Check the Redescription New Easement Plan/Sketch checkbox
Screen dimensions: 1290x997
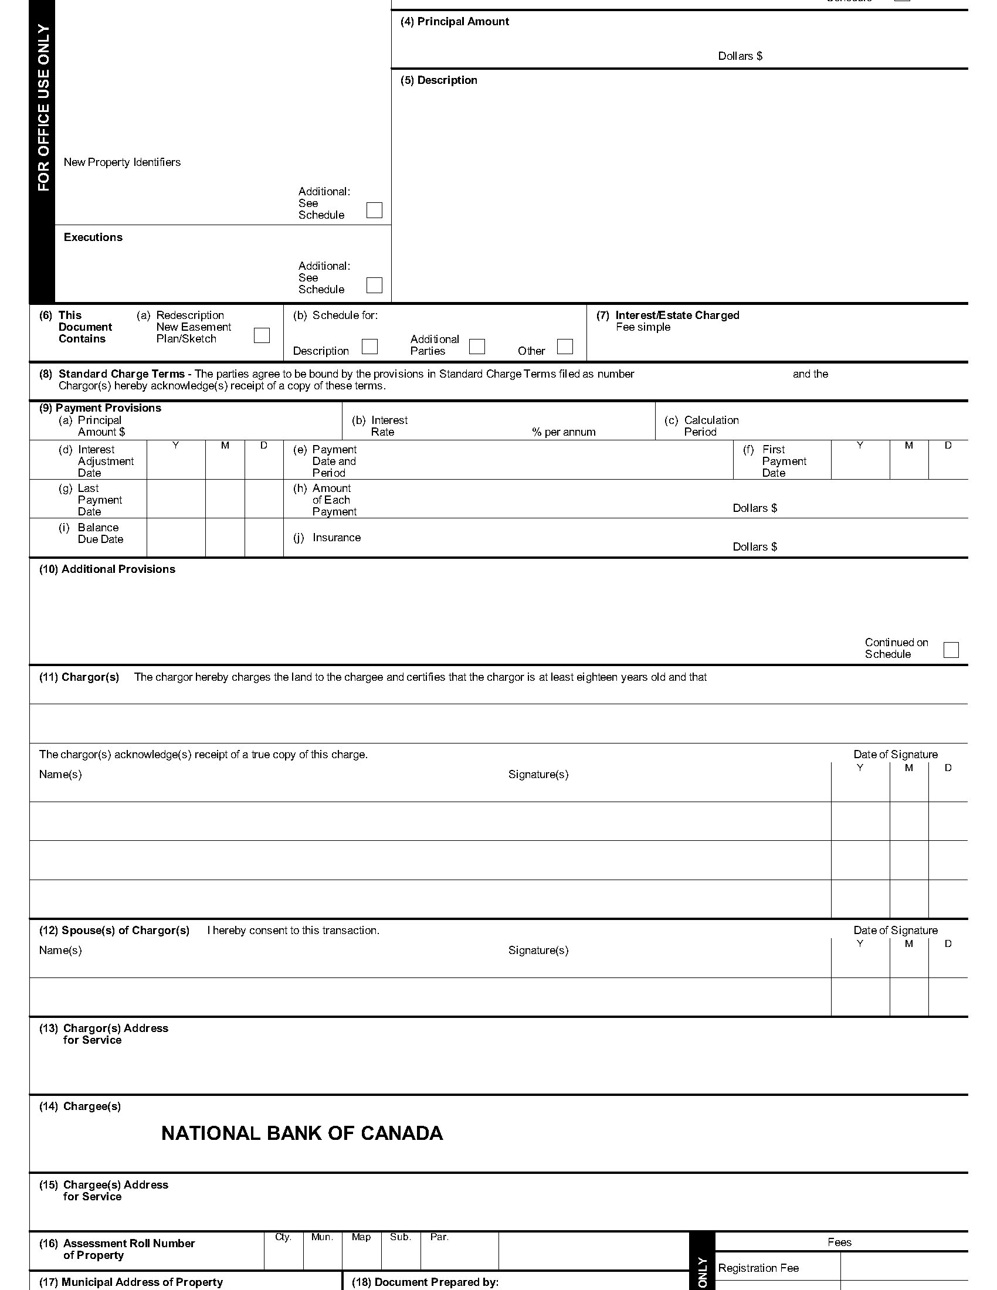[x=262, y=335]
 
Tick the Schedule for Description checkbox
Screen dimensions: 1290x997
[x=369, y=346]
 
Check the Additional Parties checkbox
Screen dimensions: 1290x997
[x=477, y=346]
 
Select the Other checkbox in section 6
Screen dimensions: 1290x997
[x=565, y=346]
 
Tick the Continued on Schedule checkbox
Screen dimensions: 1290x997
[x=951, y=650]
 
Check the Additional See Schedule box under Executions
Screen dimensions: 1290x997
[x=375, y=285]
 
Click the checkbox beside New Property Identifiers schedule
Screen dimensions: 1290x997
[x=375, y=211]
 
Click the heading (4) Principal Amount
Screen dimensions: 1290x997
[x=454, y=22]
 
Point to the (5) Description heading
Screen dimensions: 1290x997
[x=438, y=80]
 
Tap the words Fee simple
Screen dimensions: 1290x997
[x=643, y=327]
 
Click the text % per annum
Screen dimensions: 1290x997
[x=564, y=432]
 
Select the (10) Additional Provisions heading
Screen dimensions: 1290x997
[x=107, y=569]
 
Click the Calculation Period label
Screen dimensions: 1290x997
[x=711, y=426]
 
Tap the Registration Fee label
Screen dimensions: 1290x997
[x=758, y=1268]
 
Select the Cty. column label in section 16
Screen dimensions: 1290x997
[x=283, y=1237]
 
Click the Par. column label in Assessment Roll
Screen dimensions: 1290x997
[x=439, y=1237]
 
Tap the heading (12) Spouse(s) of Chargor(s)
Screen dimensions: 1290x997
[x=114, y=931]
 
